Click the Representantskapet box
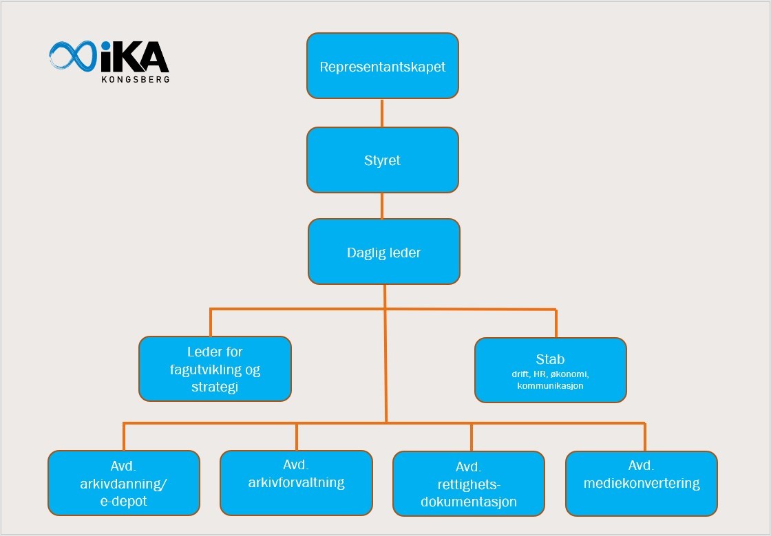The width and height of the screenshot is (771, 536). click(382, 66)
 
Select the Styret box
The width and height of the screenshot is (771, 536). click(382, 160)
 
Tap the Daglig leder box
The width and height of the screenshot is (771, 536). click(383, 252)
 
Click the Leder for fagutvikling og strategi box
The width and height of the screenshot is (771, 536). click(215, 369)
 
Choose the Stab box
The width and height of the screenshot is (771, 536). click(550, 369)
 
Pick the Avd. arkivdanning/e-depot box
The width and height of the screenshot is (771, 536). click(124, 483)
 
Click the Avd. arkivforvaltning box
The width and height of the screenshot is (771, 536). click(296, 482)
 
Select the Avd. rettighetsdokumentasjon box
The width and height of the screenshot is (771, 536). click(469, 484)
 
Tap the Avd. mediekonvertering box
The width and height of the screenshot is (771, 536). click(642, 483)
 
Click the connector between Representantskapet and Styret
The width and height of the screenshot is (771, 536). click(382, 113)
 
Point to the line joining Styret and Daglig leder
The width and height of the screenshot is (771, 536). click(382, 206)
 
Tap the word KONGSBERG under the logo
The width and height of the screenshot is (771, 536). click(136, 79)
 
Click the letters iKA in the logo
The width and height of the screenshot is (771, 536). click(135, 57)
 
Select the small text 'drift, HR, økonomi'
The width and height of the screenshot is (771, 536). click(550, 374)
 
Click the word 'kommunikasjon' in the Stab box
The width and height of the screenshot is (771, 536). click(550, 386)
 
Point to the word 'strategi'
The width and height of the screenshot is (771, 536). click(215, 387)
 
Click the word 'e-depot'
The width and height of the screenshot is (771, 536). click(123, 501)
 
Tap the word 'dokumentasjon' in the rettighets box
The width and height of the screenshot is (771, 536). click(469, 502)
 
